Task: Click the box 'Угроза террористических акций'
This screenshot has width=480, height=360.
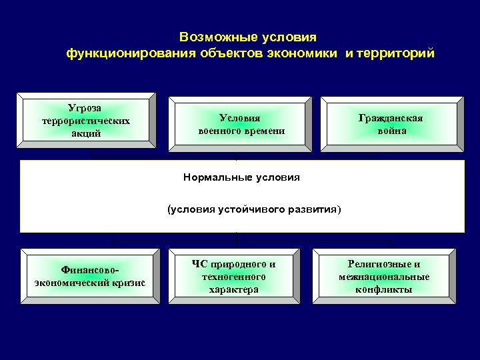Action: [x=89, y=120]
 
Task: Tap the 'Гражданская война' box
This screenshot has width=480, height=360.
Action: [x=391, y=124]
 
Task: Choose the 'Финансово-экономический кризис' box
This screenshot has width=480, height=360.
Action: [x=89, y=276]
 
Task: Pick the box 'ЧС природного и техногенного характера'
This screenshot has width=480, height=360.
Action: [x=233, y=276]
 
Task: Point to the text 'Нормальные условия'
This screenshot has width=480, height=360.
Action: [x=241, y=177]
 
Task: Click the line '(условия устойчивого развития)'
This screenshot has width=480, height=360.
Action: [x=253, y=210]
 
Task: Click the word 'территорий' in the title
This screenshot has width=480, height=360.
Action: [x=396, y=53]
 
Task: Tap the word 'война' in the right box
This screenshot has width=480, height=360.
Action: [x=391, y=131]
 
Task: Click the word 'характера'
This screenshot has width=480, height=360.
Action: [x=233, y=289]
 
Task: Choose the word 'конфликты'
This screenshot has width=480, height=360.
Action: [x=393, y=289]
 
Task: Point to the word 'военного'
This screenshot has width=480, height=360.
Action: [x=221, y=131]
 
